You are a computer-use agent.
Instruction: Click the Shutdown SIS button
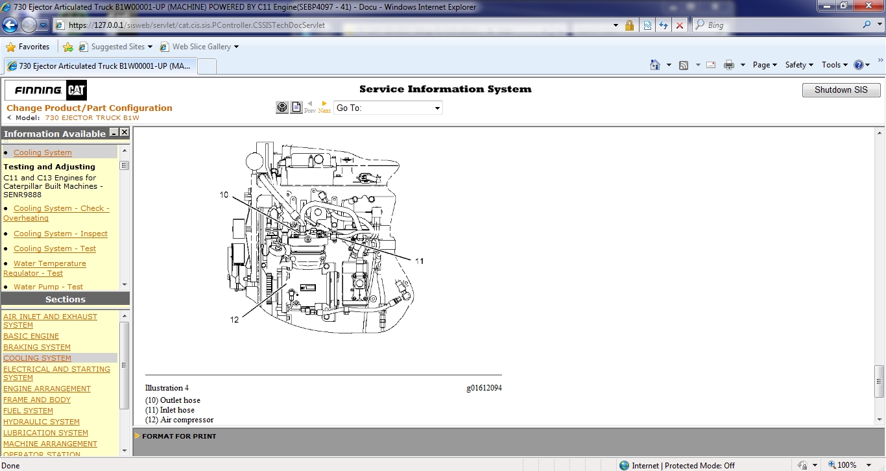tap(841, 90)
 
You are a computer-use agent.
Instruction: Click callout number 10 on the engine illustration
tap(224, 195)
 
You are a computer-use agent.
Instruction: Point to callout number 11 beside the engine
tap(419, 261)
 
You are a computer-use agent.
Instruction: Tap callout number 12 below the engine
tap(234, 319)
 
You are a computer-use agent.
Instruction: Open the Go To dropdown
tap(388, 108)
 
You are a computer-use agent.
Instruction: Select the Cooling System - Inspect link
tap(60, 234)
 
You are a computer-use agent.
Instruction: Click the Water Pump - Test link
tap(48, 287)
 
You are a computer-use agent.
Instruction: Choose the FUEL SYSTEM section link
tap(28, 411)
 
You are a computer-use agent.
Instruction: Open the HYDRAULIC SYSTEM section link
tap(42, 422)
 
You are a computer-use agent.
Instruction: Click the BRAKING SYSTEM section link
tap(37, 347)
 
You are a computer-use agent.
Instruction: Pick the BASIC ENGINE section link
tap(31, 336)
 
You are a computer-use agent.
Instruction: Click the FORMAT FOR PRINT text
tap(179, 436)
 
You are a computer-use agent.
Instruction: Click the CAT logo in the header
tap(76, 90)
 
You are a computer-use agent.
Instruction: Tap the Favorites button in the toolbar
tap(28, 47)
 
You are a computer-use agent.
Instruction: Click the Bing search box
tap(778, 25)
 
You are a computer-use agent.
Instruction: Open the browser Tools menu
tap(833, 65)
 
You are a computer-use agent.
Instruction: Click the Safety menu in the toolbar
tap(798, 65)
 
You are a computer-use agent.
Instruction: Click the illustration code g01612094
tap(484, 388)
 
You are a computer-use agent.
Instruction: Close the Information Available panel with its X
tap(125, 132)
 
